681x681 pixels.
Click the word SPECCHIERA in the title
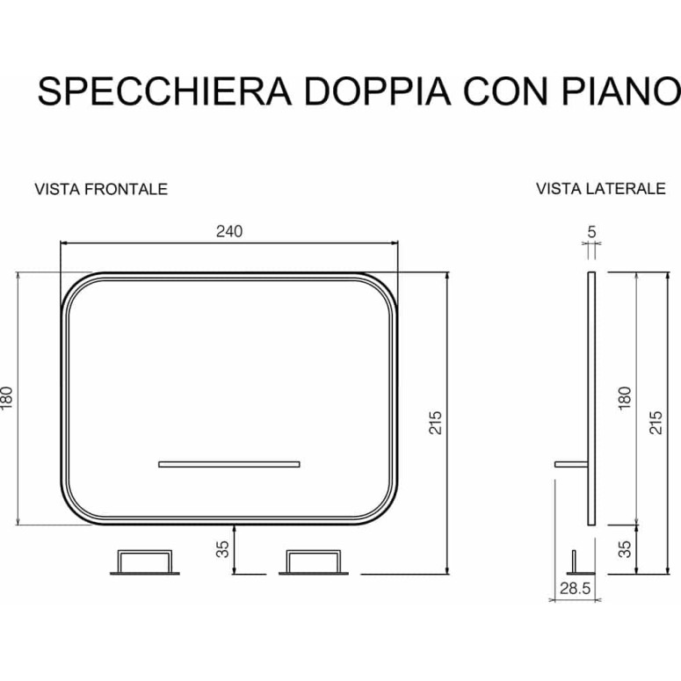[x=164, y=91]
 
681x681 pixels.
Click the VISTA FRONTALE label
[x=101, y=189]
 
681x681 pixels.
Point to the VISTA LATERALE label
[x=601, y=189]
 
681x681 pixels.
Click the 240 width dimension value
[x=229, y=231]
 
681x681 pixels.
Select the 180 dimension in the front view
[x=7, y=398]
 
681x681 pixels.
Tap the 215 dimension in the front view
[x=435, y=422]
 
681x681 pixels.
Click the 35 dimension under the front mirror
[x=222, y=549]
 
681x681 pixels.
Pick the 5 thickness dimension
[x=591, y=232]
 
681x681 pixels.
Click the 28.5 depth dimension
[x=575, y=589]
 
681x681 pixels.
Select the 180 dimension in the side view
[x=624, y=398]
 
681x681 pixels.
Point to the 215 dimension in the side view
[x=656, y=422]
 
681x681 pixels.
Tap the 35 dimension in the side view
[x=625, y=549]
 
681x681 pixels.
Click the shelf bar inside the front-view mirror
[x=228, y=464]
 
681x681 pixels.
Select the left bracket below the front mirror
[x=145, y=562]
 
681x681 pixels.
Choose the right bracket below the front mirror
[x=313, y=562]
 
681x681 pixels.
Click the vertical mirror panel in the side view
[x=591, y=398]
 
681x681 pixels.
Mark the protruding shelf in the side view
[x=571, y=464]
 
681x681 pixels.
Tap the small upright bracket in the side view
[x=574, y=561]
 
